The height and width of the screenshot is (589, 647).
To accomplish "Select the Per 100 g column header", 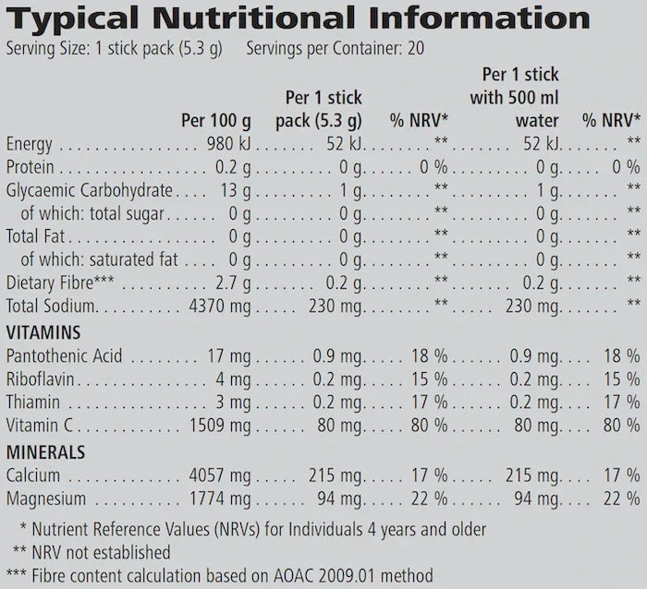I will [x=216, y=120].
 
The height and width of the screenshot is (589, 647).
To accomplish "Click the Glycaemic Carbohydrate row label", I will [x=90, y=190].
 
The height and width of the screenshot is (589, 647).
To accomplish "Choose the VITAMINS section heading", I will [x=43, y=332].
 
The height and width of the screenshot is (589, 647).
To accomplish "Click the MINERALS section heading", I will [x=45, y=451].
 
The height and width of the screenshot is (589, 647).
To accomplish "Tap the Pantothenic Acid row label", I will [x=64, y=355].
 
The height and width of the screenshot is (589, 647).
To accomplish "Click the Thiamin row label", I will [x=34, y=403].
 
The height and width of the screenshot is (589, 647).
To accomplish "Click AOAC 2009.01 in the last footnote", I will [x=305, y=574].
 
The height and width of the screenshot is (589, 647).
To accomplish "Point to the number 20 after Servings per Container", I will [x=416, y=48].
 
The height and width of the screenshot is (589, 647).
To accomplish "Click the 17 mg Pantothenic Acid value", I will [x=230, y=355].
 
